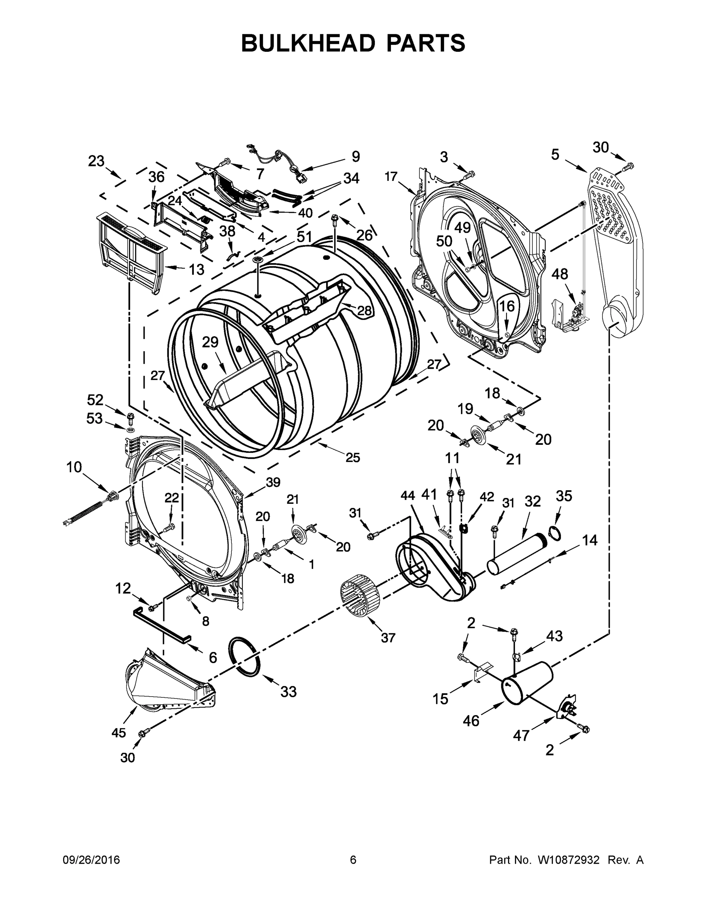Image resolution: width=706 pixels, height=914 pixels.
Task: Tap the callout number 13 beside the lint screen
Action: (196, 270)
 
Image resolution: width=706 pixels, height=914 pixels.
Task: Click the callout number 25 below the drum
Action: (352, 457)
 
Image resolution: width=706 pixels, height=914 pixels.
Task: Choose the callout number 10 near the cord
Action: (74, 467)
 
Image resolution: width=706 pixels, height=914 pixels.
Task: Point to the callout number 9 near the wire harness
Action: (355, 157)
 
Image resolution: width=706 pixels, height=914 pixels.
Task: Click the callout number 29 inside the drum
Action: (210, 342)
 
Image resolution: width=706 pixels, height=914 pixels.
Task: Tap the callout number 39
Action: (273, 482)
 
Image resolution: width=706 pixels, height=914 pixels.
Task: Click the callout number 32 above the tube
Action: (532, 501)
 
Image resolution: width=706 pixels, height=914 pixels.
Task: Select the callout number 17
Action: (391, 177)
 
